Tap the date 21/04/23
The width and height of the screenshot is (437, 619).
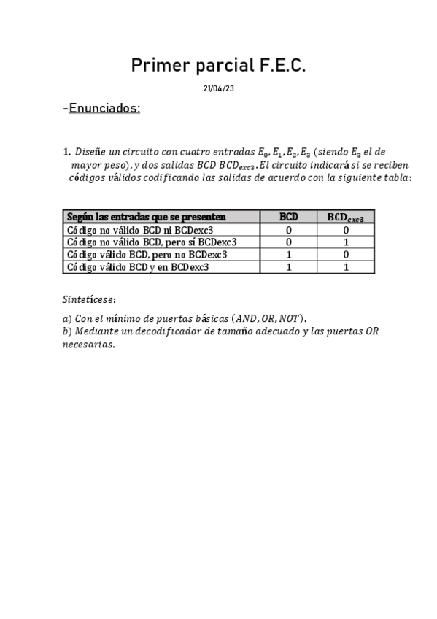tap(218, 88)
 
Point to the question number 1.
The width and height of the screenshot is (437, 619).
tap(66, 153)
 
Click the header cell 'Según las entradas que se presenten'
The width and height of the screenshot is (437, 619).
tap(146, 217)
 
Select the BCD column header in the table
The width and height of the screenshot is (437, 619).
tap(289, 217)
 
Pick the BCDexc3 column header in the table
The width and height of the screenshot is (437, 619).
tap(346, 217)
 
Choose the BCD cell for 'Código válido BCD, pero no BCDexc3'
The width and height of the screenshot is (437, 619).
tap(289, 255)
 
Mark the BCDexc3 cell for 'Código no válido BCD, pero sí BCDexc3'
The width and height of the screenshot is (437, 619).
tap(346, 242)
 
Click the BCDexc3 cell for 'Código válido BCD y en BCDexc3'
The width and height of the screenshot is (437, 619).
tap(346, 267)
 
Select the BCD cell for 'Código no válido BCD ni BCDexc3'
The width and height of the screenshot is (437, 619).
tap(289, 229)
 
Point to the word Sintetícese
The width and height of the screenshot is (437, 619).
tap(88, 299)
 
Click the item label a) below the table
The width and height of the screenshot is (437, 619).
tap(67, 319)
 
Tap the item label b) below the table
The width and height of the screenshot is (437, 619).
tap(67, 332)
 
